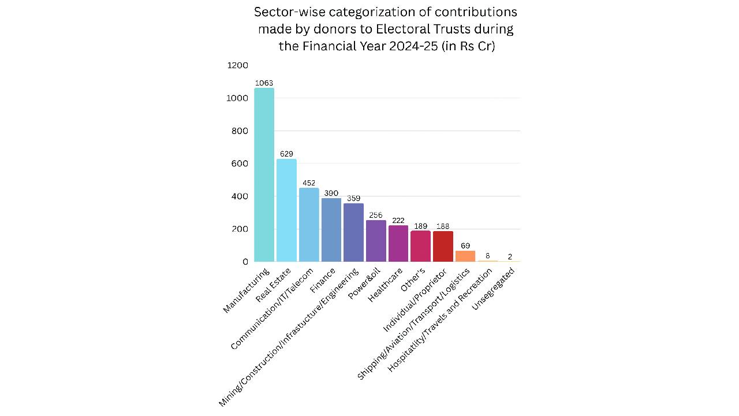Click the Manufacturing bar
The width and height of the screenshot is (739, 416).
coord(264,175)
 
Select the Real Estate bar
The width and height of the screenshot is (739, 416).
coord(286,210)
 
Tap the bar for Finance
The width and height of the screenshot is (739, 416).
coord(331,230)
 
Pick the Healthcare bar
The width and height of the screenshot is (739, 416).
coord(398,243)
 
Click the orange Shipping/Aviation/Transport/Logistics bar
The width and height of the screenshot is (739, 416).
coord(465,256)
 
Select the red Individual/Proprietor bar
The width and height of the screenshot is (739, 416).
coord(443,246)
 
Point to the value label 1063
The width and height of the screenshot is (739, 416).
coord(264,83)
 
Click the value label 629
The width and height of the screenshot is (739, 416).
coord(286,154)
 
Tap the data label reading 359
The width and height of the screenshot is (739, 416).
coord(353,199)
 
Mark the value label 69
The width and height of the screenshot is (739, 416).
coord(465,246)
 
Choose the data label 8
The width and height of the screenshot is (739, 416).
coord(487,256)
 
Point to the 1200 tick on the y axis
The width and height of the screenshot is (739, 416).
coord(237,66)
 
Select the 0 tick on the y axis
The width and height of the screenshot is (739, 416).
coord(245,262)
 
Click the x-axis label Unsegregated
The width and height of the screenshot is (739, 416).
coord(494,288)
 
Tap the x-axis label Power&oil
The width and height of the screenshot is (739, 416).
coord(364,284)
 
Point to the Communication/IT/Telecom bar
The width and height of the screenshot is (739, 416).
coord(309,225)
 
